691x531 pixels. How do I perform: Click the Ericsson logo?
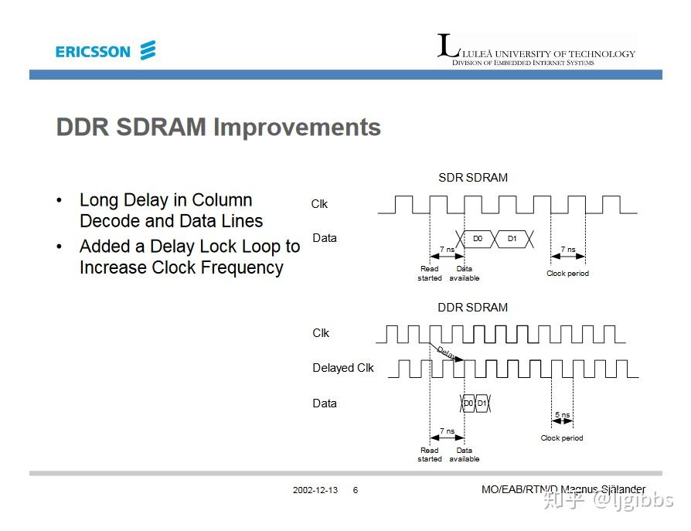[x=105, y=51]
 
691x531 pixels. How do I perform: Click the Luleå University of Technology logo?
[x=536, y=49]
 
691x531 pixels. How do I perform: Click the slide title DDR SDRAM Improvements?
[x=219, y=128]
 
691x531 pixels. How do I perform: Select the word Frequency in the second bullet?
[x=240, y=268]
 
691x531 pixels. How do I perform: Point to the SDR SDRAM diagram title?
[x=473, y=178]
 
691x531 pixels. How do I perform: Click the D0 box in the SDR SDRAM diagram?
[x=478, y=239]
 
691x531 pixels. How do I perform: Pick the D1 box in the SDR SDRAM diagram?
[x=512, y=239]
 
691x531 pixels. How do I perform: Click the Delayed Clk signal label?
[x=343, y=368]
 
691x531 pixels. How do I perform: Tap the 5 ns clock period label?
[x=563, y=415]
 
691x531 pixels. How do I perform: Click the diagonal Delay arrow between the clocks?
[x=447, y=352]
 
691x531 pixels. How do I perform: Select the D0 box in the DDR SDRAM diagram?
[x=468, y=403]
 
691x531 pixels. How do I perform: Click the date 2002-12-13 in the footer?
[x=315, y=490]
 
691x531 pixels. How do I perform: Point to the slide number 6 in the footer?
[x=356, y=490]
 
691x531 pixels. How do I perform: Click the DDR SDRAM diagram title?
[x=472, y=307]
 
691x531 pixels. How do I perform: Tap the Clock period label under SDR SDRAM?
[x=567, y=273]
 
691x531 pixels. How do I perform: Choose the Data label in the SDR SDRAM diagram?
[x=325, y=238]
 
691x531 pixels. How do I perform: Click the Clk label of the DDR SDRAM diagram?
[x=321, y=333]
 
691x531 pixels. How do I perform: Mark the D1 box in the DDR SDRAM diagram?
[x=482, y=403]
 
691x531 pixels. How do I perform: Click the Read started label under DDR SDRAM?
[x=430, y=454]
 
